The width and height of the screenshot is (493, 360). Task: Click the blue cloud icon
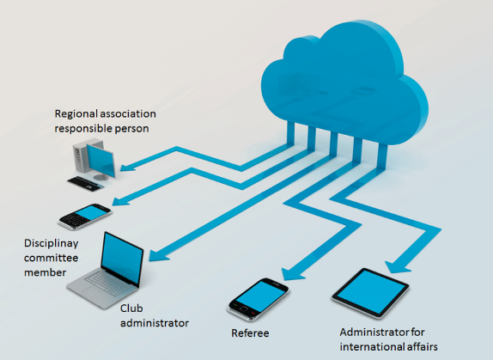(x=344, y=83)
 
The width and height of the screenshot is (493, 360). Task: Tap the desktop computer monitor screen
(x=100, y=160)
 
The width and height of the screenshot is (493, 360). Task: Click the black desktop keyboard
(x=85, y=183)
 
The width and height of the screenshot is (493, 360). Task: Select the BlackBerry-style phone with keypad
(x=85, y=217)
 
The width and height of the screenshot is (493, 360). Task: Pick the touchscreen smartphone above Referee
(x=257, y=299)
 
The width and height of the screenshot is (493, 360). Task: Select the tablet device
(x=371, y=293)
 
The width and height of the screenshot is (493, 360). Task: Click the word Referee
(x=250, y=333)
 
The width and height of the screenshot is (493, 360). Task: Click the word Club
(x=131, y=308)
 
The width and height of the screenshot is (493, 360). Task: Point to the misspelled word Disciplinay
(x=52, y=244)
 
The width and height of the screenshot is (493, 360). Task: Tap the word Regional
(x=75, y=114)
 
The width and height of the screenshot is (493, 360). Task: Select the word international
(x=368, y=347)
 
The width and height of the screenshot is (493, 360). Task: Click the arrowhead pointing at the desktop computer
(x=127, y=167)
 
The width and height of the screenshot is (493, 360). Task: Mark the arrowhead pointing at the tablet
(x=396, y=267)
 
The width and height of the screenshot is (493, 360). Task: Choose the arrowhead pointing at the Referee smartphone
(x=291, y=273)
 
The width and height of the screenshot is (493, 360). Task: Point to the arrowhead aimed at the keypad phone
(x=120, y=201)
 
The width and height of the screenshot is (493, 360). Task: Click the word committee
(x=51, y=258)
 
